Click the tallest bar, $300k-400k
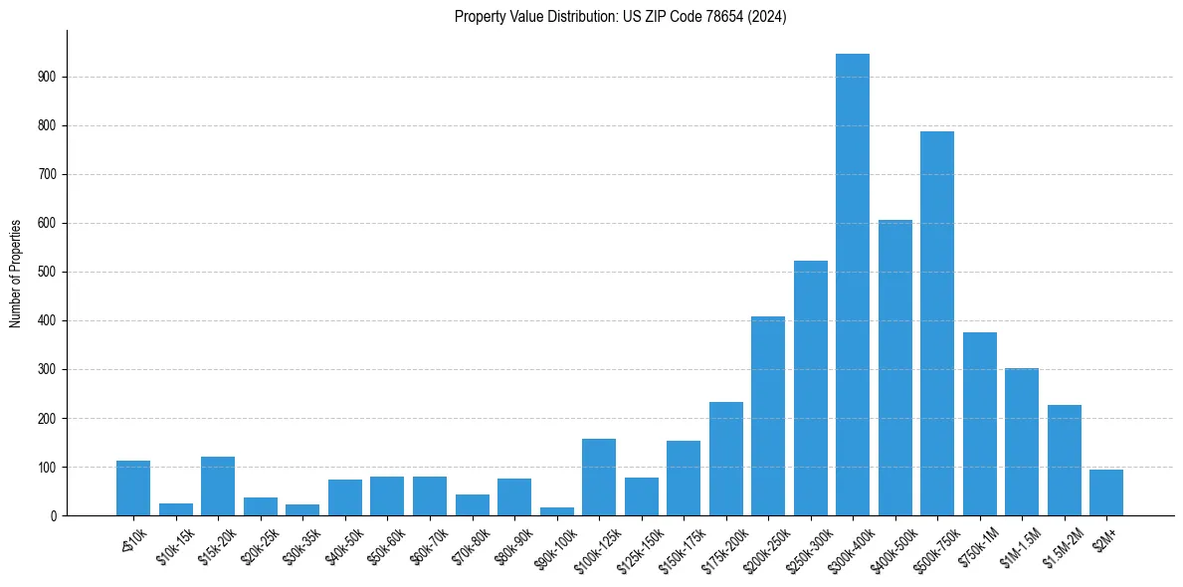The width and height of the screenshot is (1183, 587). coord(852,285)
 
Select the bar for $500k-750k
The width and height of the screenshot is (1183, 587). coord(936,323)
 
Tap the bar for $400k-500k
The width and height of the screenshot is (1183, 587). coord(894,368)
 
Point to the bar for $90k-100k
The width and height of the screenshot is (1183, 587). coord(556,511)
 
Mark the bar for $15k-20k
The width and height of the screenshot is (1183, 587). coord(217,487)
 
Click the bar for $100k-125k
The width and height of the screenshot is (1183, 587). coord(598,478)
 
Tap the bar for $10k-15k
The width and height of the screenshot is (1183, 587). coord(175,509)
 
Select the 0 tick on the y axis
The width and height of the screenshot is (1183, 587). coord(54,515)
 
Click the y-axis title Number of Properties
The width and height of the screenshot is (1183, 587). coord(16,273)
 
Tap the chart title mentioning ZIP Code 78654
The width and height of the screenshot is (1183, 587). coord(620,16)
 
